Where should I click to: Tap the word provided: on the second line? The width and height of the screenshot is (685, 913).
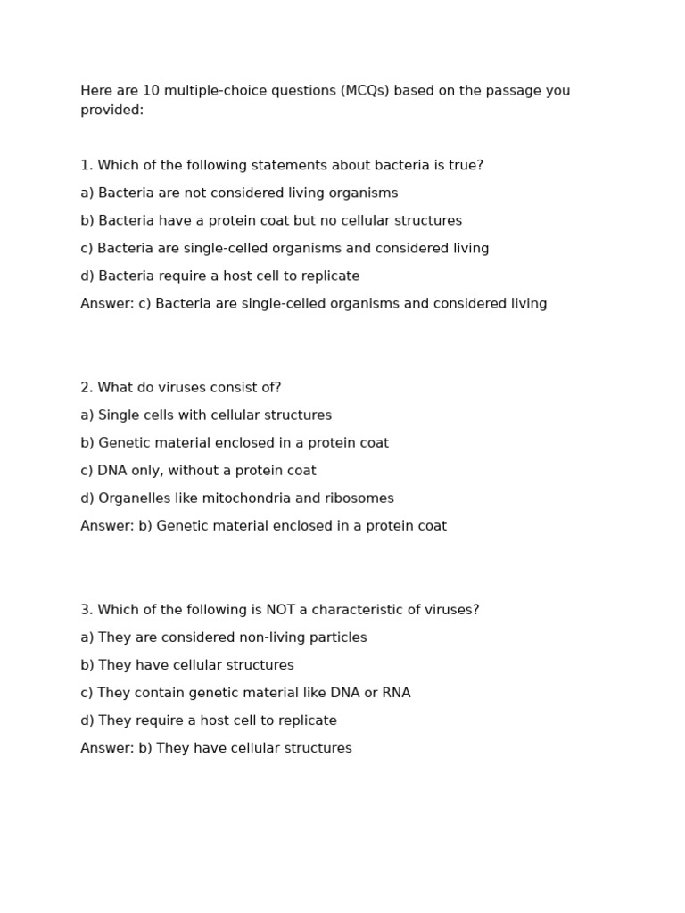point(111,111)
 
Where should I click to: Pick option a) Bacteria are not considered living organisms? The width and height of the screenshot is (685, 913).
point(239,193)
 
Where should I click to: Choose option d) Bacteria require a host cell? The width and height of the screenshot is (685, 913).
point(219,276)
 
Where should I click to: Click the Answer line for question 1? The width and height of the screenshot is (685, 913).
point(313,304)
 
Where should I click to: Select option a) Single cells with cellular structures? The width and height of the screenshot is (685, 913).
point(205,415)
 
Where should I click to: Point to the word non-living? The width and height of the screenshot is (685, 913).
point(273,637)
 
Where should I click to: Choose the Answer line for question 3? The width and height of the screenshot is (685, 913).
point(216,748)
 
